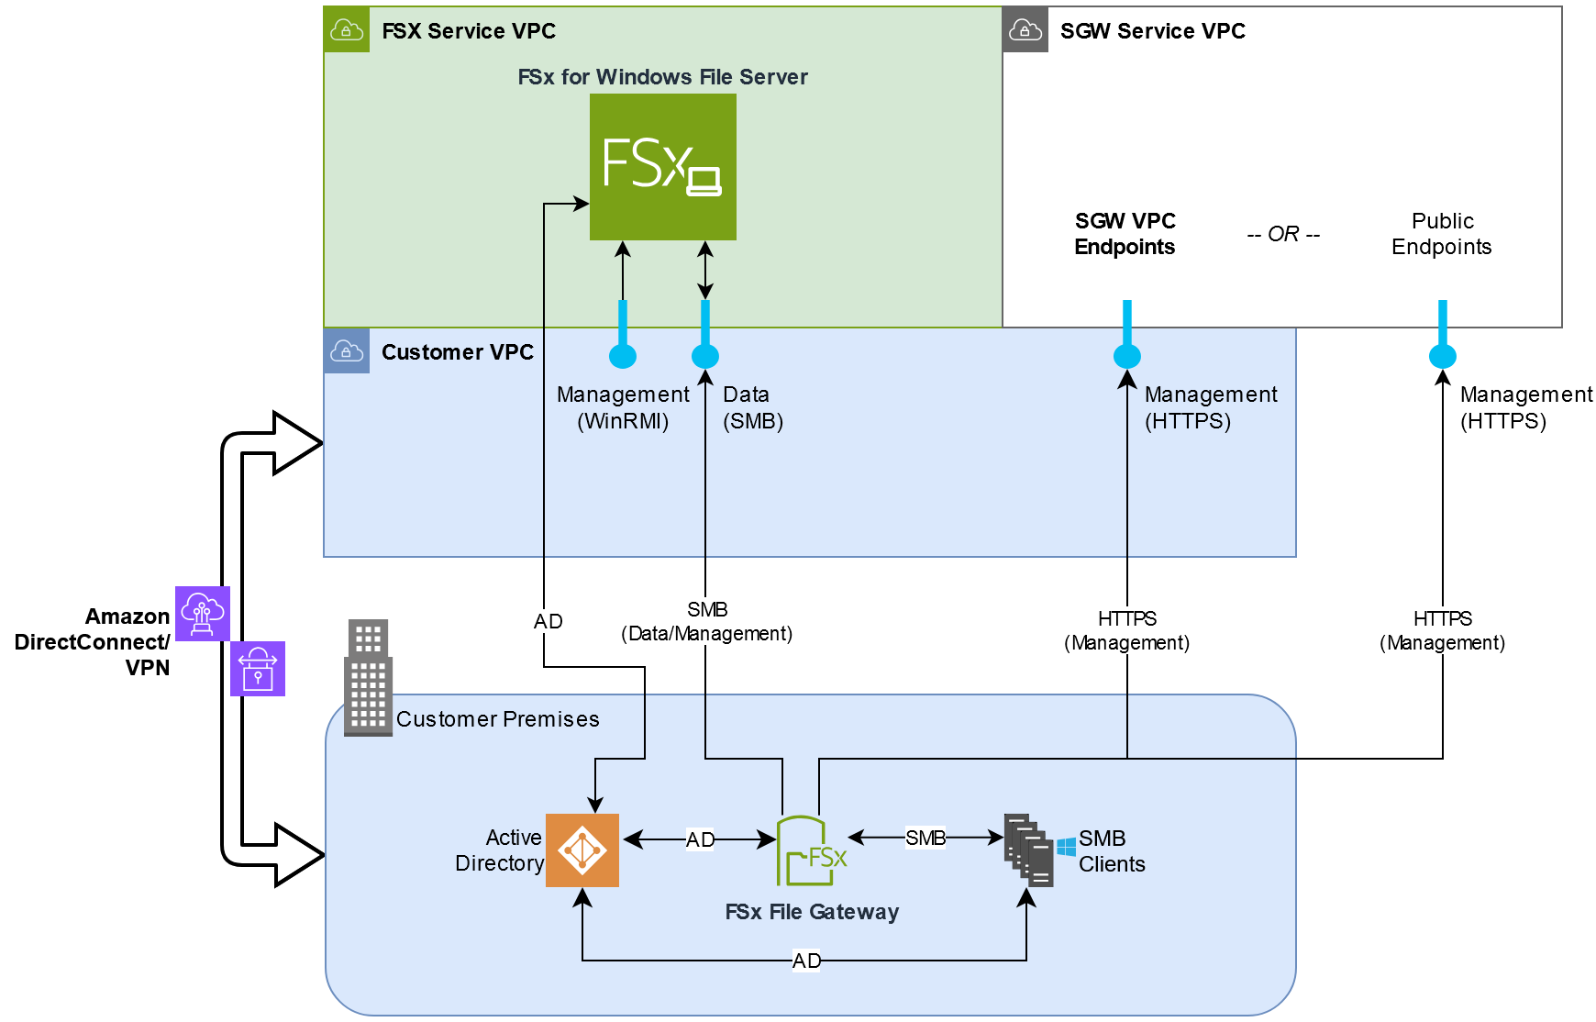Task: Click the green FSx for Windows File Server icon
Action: point(662,166)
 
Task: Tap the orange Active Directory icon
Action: point(582,850)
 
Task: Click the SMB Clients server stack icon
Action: point(1028,850)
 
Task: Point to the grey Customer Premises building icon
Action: point(368,678)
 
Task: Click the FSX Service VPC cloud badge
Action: point(347,30)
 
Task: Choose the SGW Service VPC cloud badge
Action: point(1025,30)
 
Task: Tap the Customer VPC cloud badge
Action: point(347,351)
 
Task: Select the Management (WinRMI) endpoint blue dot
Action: point(623,356)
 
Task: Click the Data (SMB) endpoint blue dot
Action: point(705,356)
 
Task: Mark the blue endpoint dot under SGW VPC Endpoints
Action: point(1127,356)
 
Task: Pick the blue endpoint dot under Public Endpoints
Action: point(1443,356)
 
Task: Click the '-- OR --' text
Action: point(1283,234)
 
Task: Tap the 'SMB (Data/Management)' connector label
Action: point(706,622)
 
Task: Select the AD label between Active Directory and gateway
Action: point(700,839)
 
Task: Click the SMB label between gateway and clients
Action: point(925,838)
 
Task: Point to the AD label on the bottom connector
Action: point(806,961)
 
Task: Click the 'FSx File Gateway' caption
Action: point(812,912)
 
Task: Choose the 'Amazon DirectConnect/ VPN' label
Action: point(93,641)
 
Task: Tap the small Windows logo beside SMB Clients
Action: point(1066,847)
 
